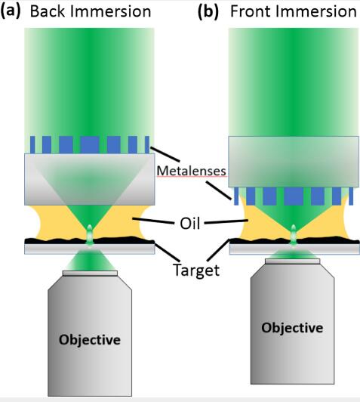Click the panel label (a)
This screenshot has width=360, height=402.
pyautogui.click(x=11, y=11)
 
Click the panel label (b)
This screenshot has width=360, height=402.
pyautogui.click(x=208, y=11)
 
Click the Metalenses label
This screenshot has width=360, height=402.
pyautogui.click(x=191, y=171)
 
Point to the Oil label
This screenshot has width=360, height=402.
pyautogui.click(x=189, y=224)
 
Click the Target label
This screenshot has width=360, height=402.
pyautogui.click(x=196, y=270)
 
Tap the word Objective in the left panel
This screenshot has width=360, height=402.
pyautogui.click(x=90, y=340)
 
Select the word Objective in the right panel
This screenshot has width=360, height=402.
pyautogui.click(x=292, y=328)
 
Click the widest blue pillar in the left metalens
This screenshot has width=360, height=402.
pyautogui.click(x=90, y=145)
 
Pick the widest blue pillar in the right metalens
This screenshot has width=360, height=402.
pyautogui.click(x=294, y=196)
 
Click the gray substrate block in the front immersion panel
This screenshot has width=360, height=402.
pyautogui.click(x=294, y=162)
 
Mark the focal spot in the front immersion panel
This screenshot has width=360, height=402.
pyautogui.click(x=294, y=235)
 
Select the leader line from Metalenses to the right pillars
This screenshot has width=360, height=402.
pyautogui.click(x=219, y=190)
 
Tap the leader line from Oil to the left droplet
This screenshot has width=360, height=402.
pyautogui.click(x=152, y=221)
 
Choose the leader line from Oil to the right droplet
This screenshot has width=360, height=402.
pyautogui.click(x=226, y=221)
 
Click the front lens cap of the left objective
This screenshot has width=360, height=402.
pyautogui.click(x=90, y=274)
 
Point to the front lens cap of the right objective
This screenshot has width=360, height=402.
pyautogui.click(x=292, y=261)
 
